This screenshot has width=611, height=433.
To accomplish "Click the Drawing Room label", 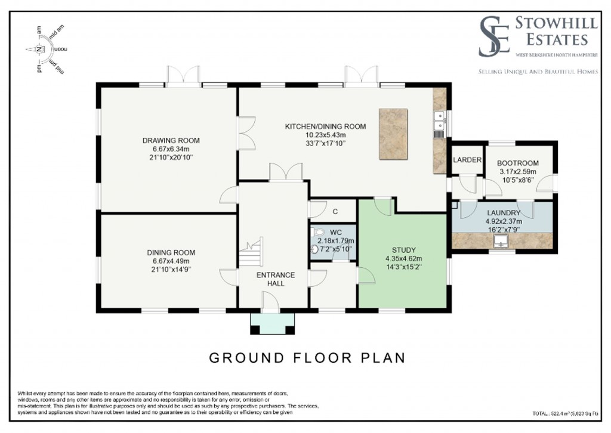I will pyautogui.click(x=171, y=141).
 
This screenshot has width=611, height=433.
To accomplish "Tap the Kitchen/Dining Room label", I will pyautogui.click(x=325, y=126).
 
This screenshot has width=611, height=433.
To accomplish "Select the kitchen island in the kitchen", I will pyautogui.click(x=393, y=134).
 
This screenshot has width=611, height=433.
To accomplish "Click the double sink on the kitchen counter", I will pyautogui.click(x=439, y=120).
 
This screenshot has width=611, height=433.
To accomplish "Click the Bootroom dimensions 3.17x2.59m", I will pyautogui.click(x=517, y=172).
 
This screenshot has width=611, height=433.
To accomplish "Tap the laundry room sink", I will pyautogui.click(x=501, y=240).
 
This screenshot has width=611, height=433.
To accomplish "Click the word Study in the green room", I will pyautogui.click(x=403, y=250).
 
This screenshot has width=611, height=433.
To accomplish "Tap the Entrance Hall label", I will pyautogui.click(x=275, y=279).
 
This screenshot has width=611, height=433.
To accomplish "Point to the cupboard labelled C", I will pyautogui.click(x=335, y=211).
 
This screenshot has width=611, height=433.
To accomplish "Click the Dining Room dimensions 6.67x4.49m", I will pyautogui.click(x=171, y=261).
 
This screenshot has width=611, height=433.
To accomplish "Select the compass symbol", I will pyautogui.click(x=41, y=51).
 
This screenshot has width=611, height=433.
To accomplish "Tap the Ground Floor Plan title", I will pyautogui.click(x=306, y=358).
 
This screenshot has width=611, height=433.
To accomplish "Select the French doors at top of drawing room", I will pyautogui.click(x=183, y=77).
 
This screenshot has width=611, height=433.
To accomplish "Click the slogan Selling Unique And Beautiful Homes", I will pyautogui.click(x=535, y=72).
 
